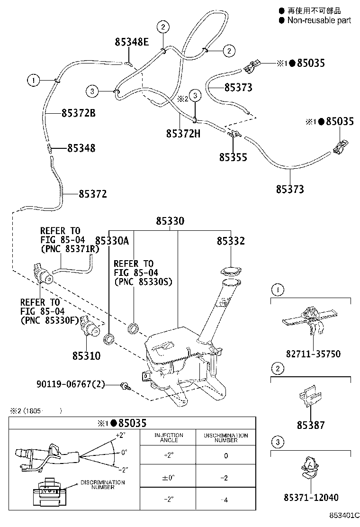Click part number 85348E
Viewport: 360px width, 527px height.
(x=132, y=42)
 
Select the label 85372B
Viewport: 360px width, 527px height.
(x=78, y=113)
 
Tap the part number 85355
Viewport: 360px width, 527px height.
(x=233, y=157)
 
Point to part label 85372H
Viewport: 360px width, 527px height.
(x=183, y=134)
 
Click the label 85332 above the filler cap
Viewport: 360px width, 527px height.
(x=231, y=241)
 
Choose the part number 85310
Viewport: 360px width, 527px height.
(x=86, y=355)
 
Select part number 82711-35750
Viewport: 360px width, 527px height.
(x=313, y=354)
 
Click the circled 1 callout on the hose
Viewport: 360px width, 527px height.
(x=33, y=81)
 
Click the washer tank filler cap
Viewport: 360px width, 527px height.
(x=231, y=272)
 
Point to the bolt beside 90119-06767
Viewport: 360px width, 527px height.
(x=126, y=386)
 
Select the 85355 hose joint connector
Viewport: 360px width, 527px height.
(x=233, y=135)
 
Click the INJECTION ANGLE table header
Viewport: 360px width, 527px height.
(x=169, y=437)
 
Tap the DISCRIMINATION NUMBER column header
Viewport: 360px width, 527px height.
(x=225, y=437)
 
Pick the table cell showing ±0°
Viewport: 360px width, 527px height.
(x=169, y=478)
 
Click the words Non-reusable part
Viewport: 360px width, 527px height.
(x=319, y=20)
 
